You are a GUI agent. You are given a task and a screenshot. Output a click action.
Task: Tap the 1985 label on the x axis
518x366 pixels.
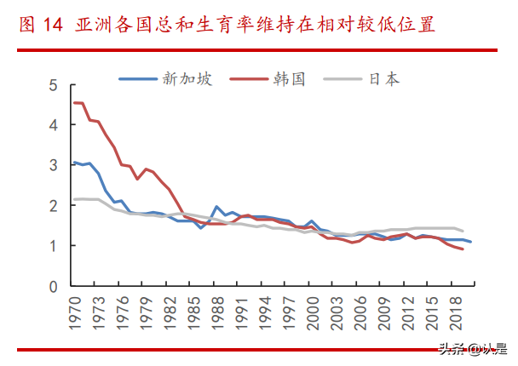tap(193, 315)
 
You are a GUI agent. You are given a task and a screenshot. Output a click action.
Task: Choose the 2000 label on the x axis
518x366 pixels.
tap(313, 315)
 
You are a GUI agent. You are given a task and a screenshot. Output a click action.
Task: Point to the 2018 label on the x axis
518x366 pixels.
tap(456, 315)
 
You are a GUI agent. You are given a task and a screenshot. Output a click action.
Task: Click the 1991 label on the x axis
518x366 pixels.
tap(241, 315)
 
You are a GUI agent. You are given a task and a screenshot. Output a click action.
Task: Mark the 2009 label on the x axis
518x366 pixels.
tap(384, 315)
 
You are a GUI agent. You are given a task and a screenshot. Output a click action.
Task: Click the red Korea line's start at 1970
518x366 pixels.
tap(74, 103)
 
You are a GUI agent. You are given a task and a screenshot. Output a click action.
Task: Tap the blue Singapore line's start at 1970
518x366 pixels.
tap(74, 162)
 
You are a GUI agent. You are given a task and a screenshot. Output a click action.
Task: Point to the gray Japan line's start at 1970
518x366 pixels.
tap(74, 199)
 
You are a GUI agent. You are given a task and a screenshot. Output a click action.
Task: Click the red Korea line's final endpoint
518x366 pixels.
tap(463, 249)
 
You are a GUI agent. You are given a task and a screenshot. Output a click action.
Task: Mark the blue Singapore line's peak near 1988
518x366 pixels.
tap(217, 207)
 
